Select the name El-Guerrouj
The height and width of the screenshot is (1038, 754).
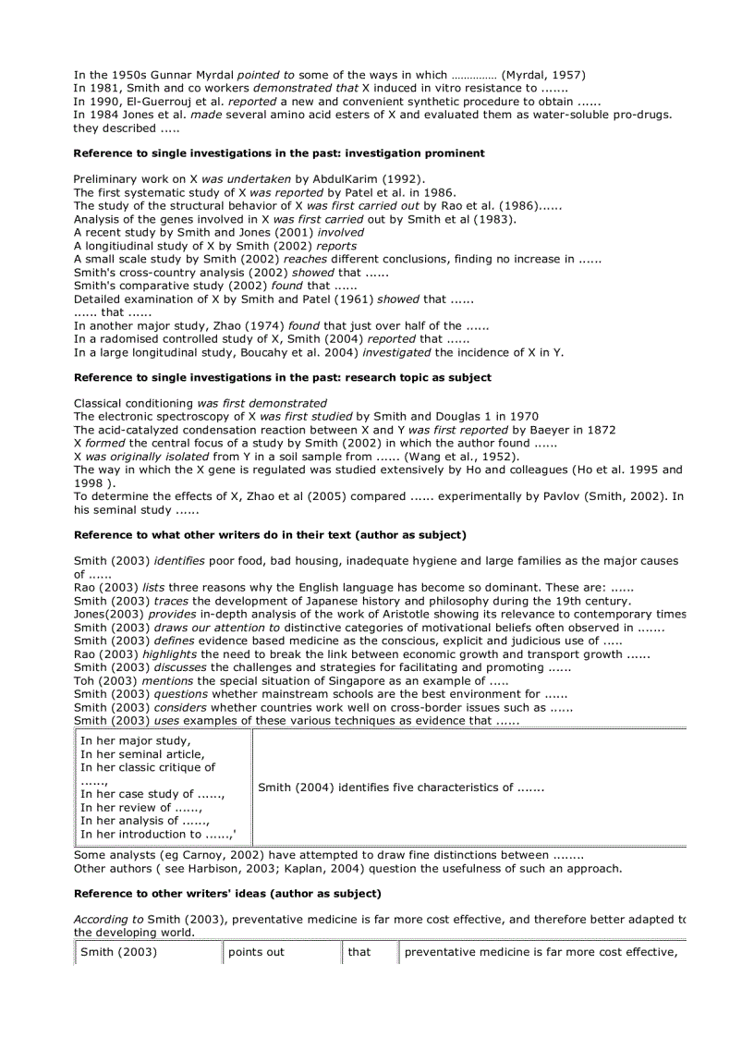152,102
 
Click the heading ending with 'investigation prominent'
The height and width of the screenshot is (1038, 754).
279,153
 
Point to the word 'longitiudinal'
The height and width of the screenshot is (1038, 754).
123,247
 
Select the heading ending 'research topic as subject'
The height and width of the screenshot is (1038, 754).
283,378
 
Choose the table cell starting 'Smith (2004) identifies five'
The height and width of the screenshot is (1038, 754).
401,788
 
